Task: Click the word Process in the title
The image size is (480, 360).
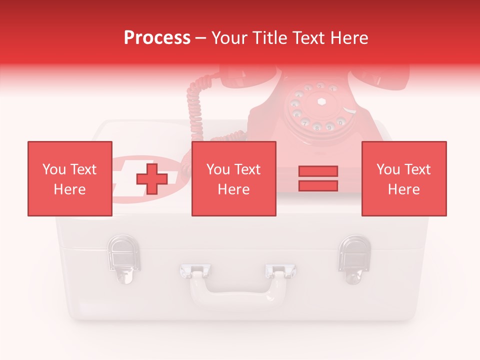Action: coord(157,38)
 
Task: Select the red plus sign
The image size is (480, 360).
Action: coord(151,179)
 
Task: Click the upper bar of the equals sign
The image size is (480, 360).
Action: coord(318,171)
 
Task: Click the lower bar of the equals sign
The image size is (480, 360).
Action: coord(318,185)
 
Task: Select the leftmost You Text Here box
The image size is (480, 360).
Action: coord(69,178)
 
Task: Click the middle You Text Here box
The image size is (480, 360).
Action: coord(233,178)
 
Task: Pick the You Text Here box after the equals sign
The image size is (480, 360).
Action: coord(403,178)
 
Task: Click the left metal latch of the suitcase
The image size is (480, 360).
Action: coord(123,258)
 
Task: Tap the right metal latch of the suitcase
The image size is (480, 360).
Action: coord(354,258)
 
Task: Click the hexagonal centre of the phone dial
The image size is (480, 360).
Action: coord(321,101)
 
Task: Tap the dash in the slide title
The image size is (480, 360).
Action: coord(201,38)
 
